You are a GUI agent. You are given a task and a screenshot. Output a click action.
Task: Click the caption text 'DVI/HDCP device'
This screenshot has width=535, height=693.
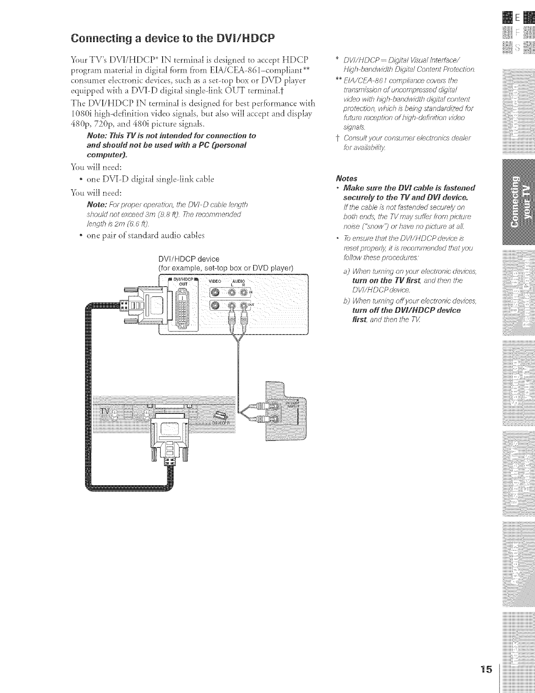(x=189, y=259)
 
